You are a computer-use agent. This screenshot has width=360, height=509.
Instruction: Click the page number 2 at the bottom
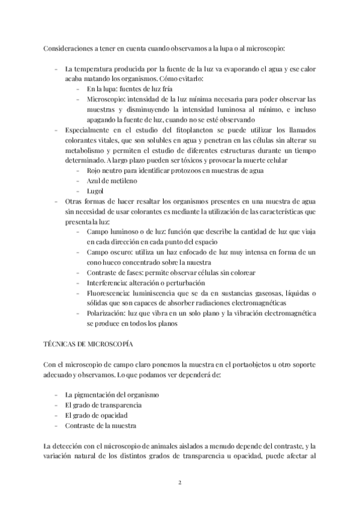[180, 482]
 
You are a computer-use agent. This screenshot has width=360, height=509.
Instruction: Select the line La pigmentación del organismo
[112, 394]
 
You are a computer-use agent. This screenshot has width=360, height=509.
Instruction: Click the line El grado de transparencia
[103, 405]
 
